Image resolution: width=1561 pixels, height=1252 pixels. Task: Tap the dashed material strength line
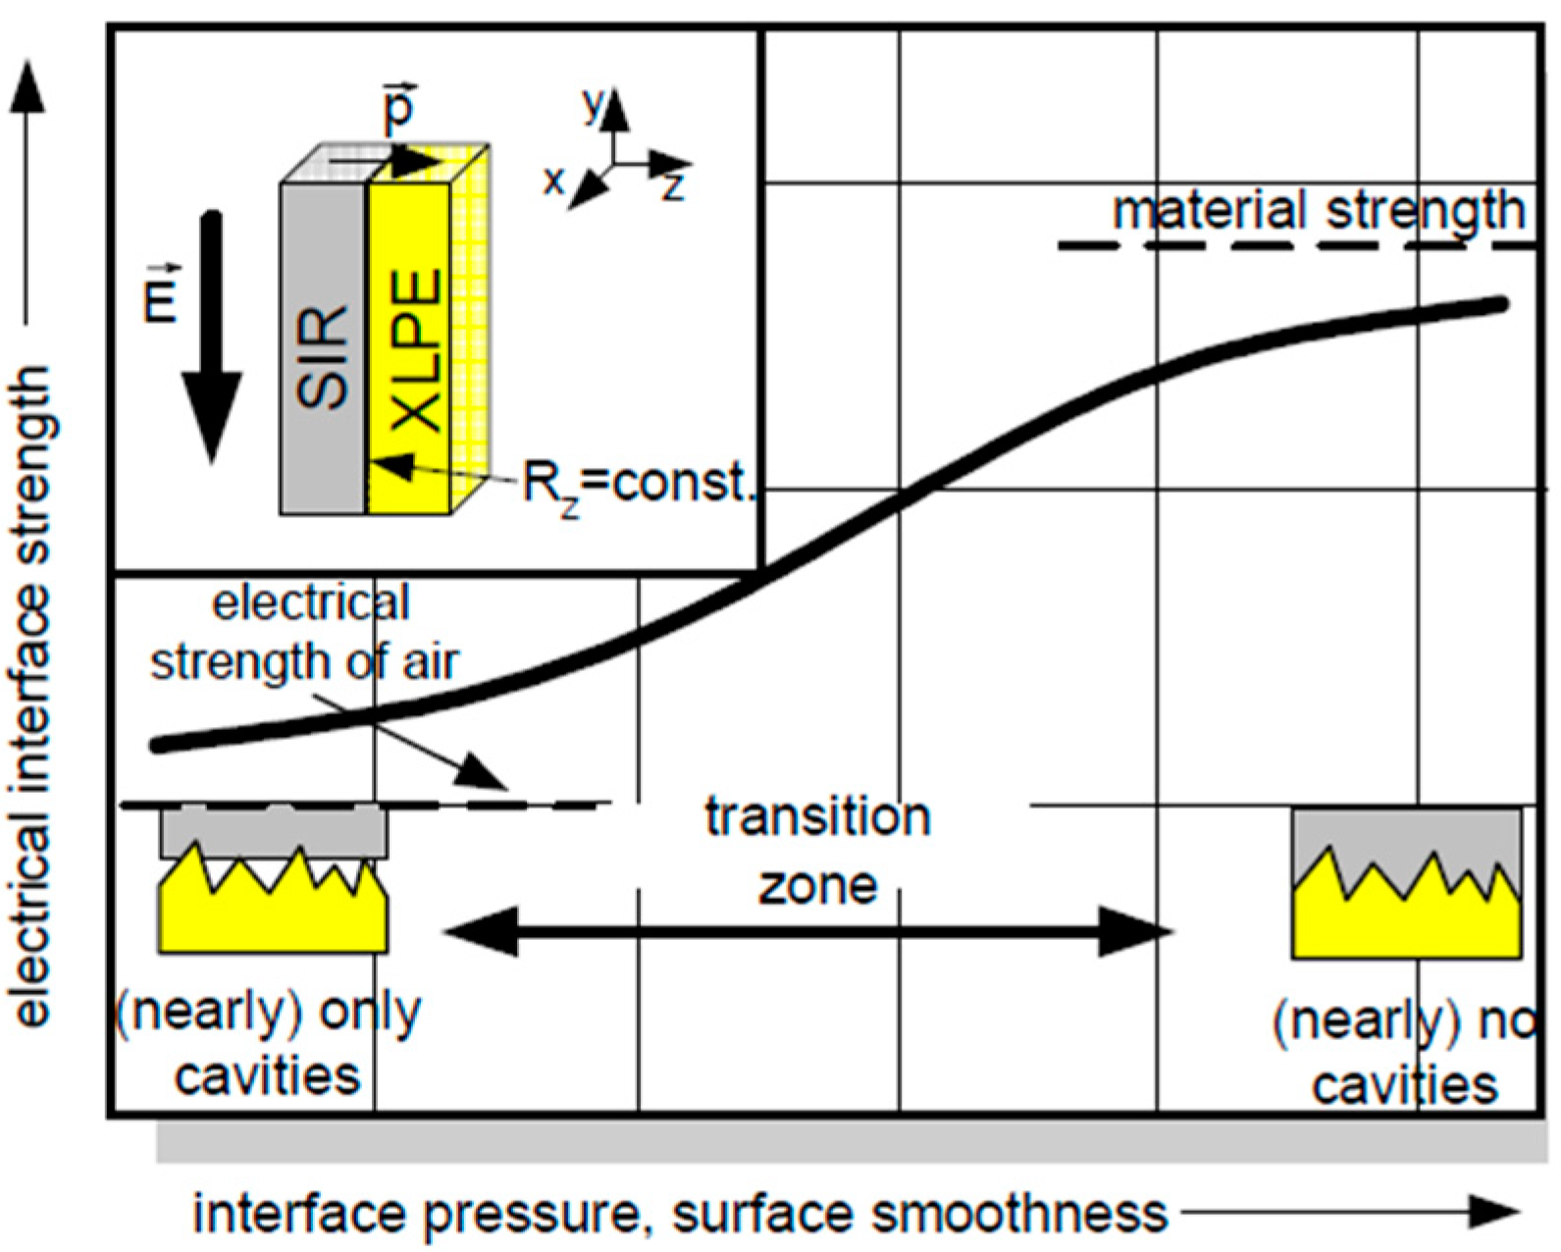pyautogui.click(x=1295, y=244)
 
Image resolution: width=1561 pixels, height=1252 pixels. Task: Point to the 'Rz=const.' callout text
pyautogui.click(x=638, y=482)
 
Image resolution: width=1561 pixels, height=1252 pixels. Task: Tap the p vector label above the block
pyautogui.click(x=398, y=108)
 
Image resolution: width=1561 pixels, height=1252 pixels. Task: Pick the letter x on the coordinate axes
pyautogui.click(x=554, y=181)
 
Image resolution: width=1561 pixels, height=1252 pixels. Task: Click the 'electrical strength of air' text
pyautogui.click(x=306, y=633)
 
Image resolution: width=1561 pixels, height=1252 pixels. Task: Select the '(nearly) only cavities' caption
pyautogui.click(x=268, y=1044)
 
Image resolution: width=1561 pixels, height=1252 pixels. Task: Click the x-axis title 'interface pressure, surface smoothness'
pyautogui.click(x=680, y=1214)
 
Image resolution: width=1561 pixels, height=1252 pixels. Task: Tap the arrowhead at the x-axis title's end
pyautogui.click(x=1496, y=1214)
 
